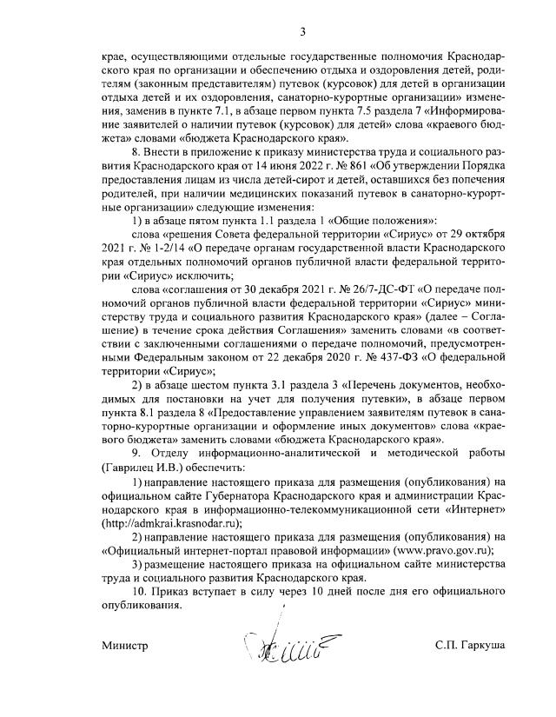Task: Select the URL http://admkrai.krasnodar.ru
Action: click(170, 524)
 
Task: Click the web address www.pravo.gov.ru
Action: click(444, 550)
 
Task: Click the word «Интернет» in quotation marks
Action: click(477, 511)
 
